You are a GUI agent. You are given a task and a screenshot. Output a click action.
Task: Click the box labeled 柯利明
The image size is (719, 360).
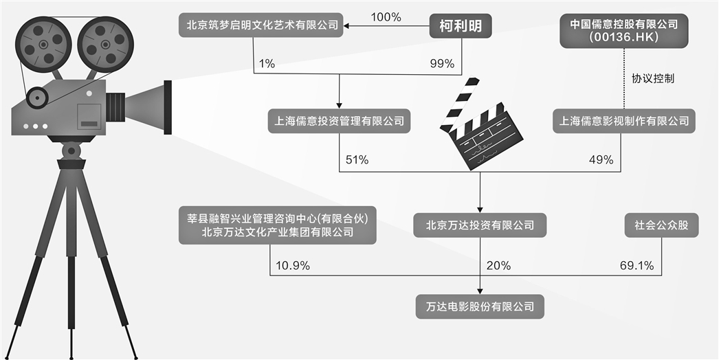coord(461,27)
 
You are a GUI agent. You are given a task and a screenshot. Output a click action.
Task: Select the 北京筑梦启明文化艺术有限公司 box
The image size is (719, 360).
coord(264,26)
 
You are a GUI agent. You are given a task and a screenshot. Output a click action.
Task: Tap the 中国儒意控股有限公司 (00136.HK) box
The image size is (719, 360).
coord(624,30)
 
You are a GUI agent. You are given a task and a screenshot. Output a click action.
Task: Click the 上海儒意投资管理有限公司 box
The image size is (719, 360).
coord(340,121)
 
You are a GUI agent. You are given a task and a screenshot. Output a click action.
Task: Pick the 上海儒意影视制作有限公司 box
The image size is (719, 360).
coord(624,121)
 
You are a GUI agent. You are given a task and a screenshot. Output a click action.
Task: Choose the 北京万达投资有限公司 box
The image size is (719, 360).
coord(480,224)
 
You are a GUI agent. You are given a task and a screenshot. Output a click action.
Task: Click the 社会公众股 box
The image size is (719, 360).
coord(661,224)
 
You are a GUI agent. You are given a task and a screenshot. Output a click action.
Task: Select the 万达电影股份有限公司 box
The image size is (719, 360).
coord(480,306)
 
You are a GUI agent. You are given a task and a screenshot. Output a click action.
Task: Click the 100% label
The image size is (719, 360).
coord(386,16)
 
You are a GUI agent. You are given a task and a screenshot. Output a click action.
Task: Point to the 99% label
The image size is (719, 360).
coord(441,63)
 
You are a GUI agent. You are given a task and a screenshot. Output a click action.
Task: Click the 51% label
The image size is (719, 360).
coord(355,159)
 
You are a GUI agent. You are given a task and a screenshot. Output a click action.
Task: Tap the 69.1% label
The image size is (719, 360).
coord(637,265)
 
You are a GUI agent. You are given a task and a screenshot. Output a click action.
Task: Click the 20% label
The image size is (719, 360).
coord(498,265)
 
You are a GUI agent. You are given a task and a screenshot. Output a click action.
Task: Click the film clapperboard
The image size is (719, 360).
coord(481,124)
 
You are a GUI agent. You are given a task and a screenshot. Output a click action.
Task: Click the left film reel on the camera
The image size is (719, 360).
coord(43,43)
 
